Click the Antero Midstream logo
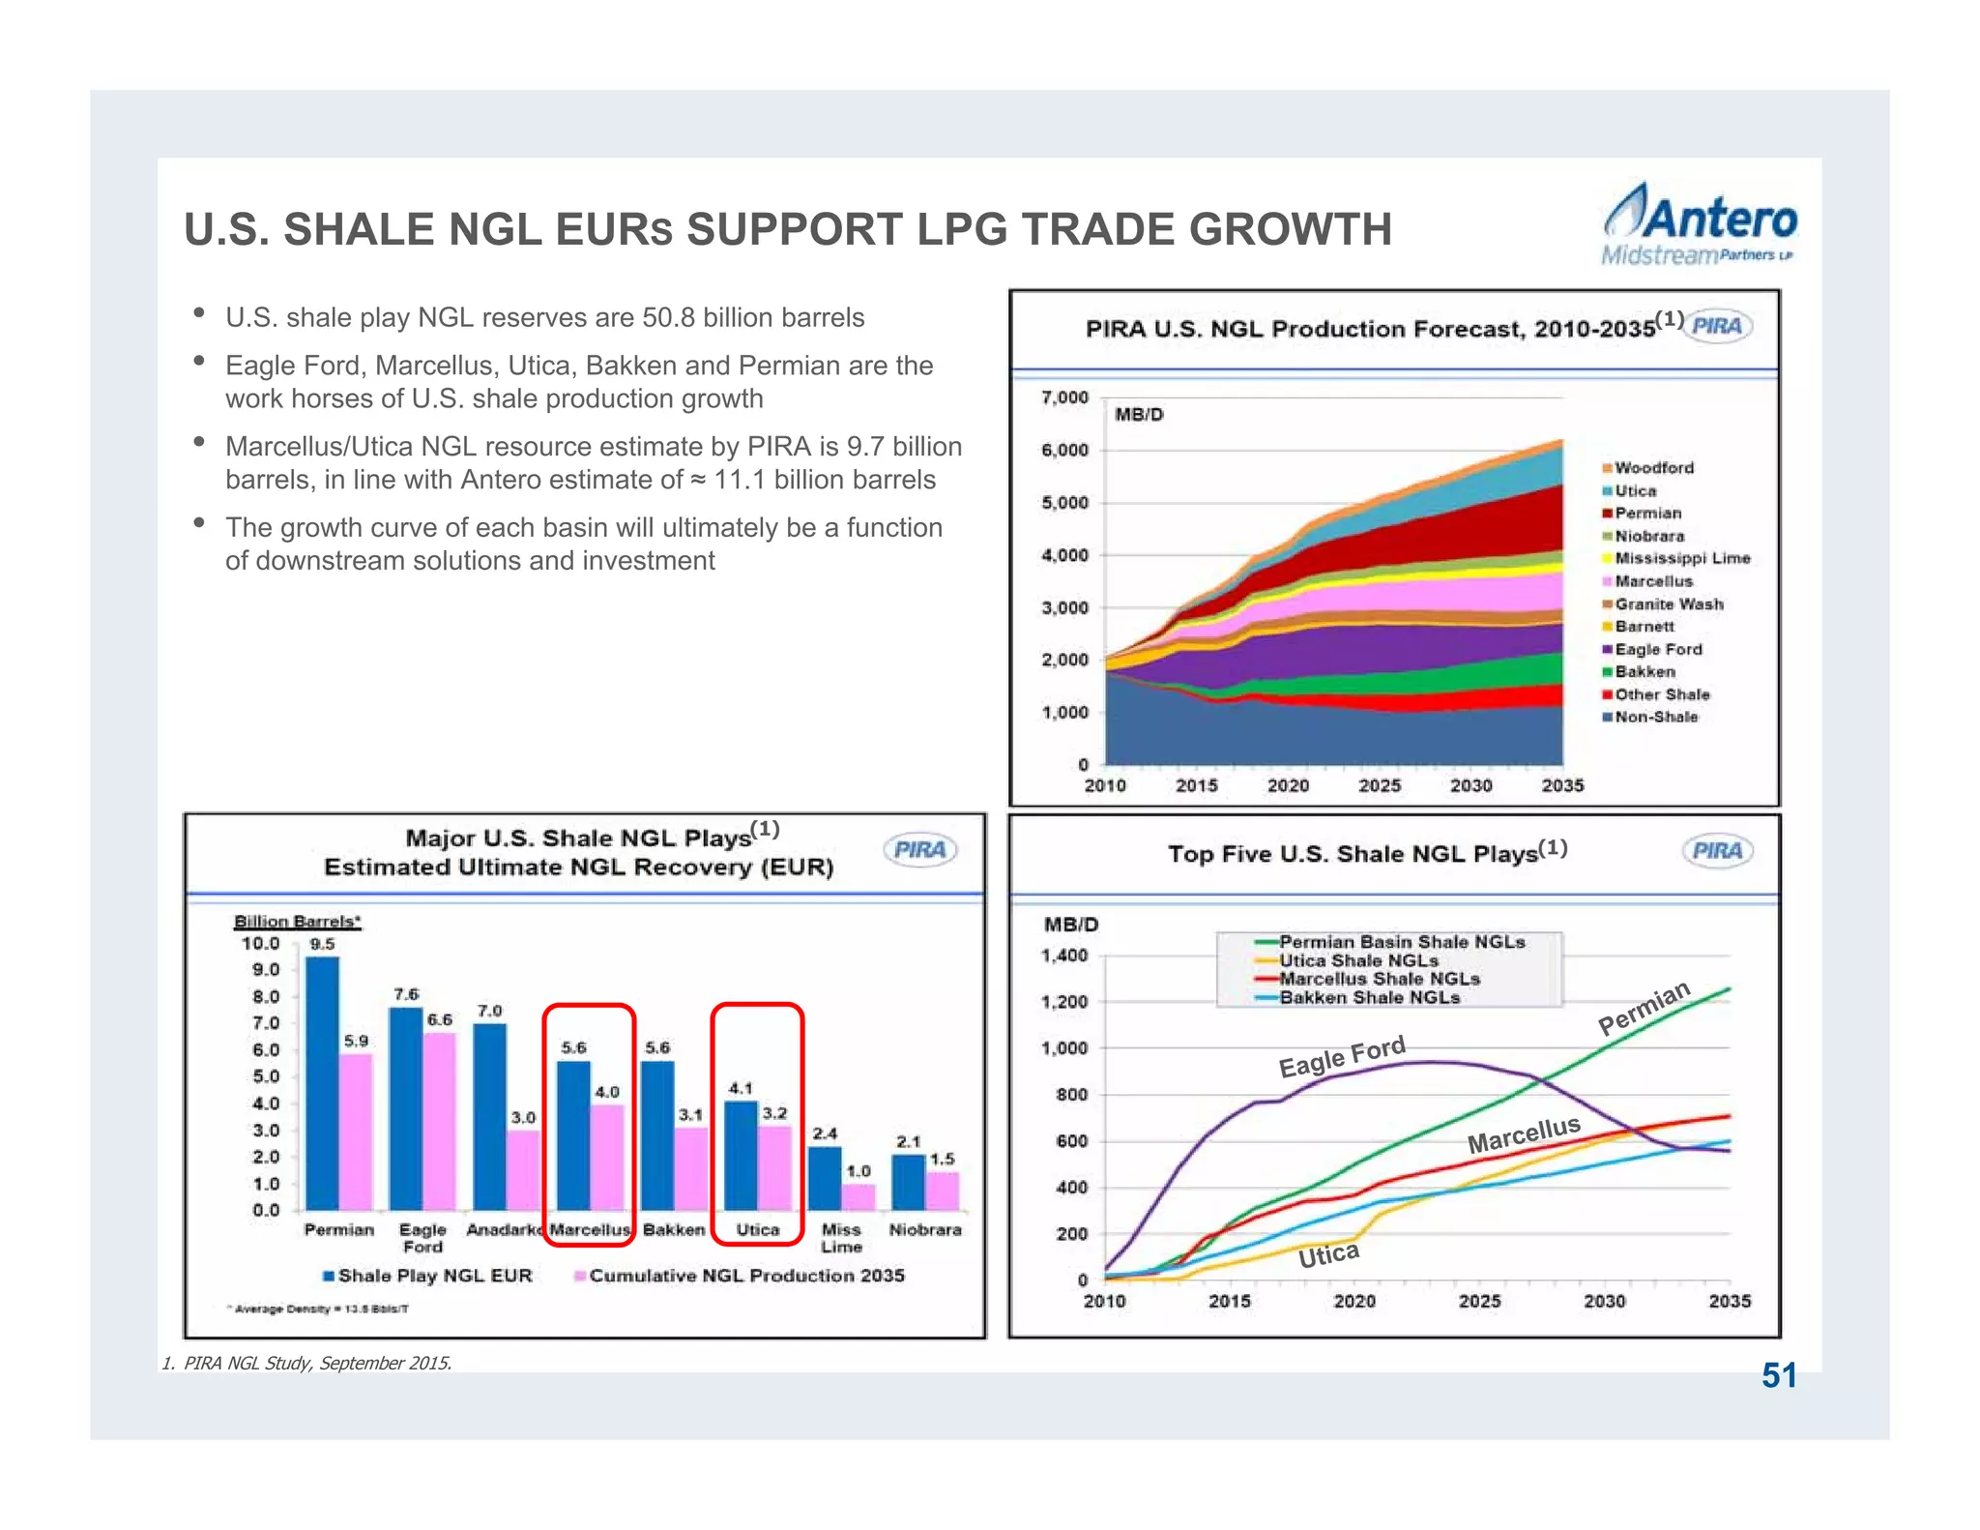click(x=1699, y=225)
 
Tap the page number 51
click(x=1778, y=1375)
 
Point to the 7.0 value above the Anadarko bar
click(x=489, y=1011)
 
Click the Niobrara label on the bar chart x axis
click(x=925, y=1229)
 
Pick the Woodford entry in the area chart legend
click(x=1653, y=468)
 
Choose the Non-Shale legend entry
click(x=1655, y=717)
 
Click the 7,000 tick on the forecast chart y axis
click(x=1064, y=397)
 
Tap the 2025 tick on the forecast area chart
click(x=1379, y=785)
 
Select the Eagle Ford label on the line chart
click(x=1342, y=1056)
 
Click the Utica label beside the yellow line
click(x=1328, y=1255)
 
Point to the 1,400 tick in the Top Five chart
click(x=1063, y=956)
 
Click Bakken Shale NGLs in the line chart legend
click(x=1369, y=997)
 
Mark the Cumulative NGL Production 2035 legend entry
click(x=745, y=1276)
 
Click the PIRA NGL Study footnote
click(x=306, y=1363)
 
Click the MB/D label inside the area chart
click(x=1139, y=415)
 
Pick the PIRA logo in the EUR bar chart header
click(x=919, y=850)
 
